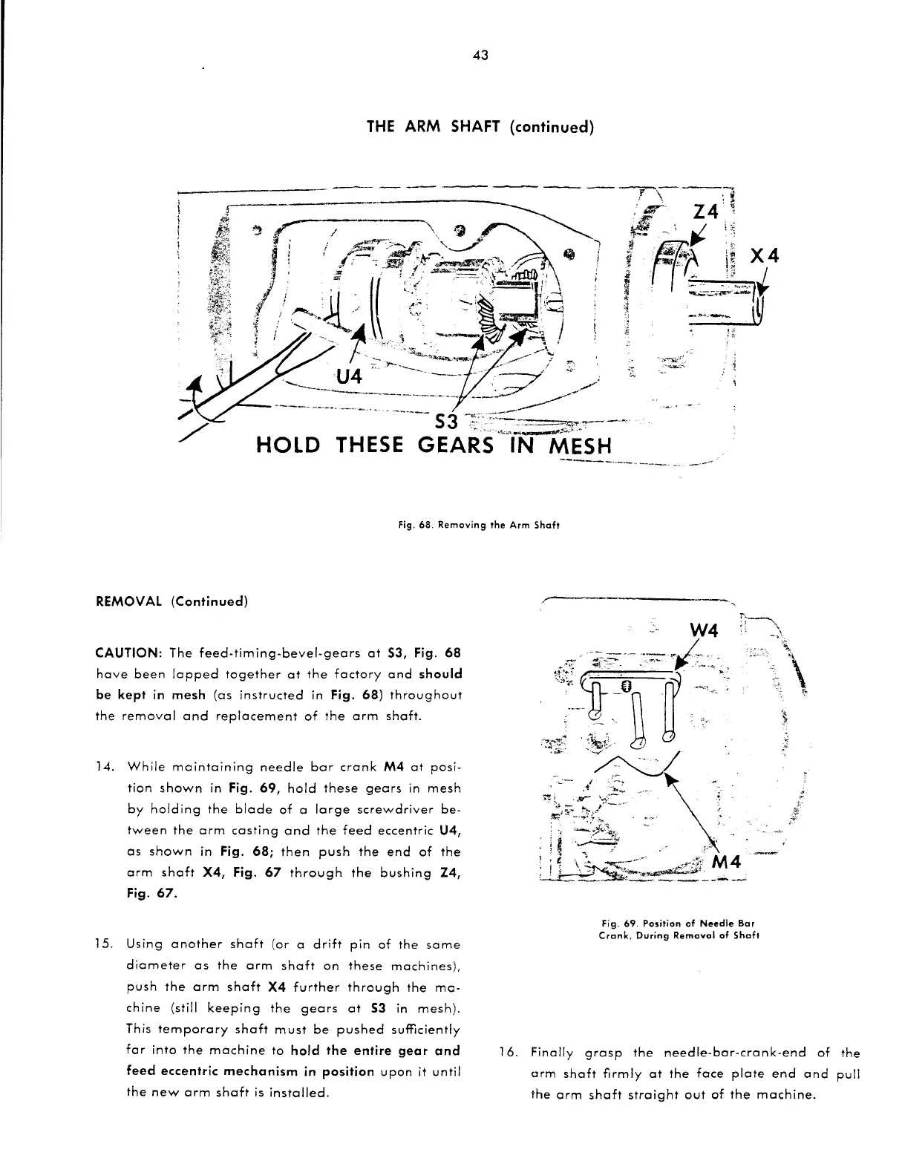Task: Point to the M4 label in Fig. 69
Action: (x=731, y=863)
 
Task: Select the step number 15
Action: (x=105, y=945)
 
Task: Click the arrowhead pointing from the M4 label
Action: (x=671, y=780)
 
